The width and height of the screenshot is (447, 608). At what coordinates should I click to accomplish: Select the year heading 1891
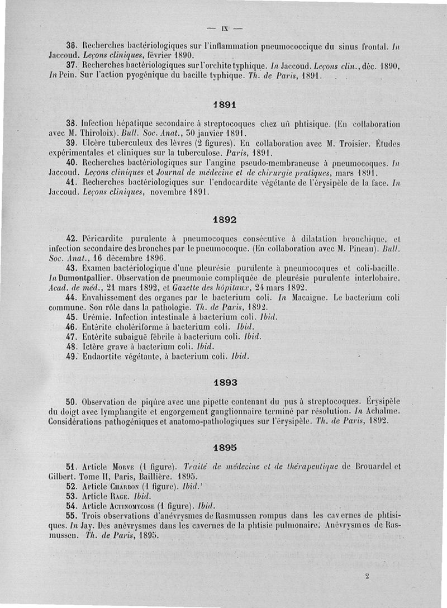(226, 104)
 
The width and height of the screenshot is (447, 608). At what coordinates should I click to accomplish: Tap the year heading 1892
(226, 220)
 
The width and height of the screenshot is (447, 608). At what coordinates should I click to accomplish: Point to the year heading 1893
(226, 383)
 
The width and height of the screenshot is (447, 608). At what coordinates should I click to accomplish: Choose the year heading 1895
(226, 448)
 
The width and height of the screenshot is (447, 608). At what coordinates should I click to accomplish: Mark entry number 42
(70, 238)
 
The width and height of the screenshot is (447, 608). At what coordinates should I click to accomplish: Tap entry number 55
(70, 516)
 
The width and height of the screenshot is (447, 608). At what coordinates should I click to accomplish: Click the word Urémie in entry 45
(95, 317)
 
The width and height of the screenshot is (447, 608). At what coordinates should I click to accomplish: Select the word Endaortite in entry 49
(103, 355)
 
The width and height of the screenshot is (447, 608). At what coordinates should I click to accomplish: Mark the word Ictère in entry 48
(94, 346)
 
